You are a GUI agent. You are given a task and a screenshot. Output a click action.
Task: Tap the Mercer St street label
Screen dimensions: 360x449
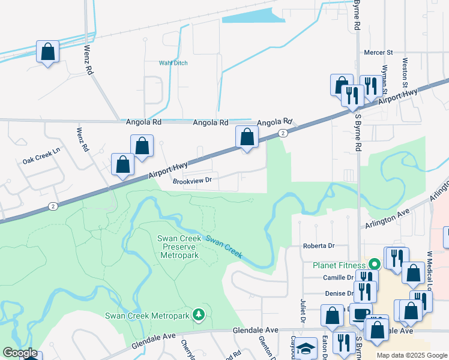pos(378,53)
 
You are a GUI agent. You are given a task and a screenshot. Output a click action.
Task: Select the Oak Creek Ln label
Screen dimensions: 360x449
pos(41,161)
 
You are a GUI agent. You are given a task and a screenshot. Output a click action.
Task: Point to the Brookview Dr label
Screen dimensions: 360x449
pos(193,180)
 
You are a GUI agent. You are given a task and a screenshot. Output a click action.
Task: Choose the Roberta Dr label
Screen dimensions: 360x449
pos(318,246)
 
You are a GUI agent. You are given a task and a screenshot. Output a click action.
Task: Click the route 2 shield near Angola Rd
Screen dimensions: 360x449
pos(282,133)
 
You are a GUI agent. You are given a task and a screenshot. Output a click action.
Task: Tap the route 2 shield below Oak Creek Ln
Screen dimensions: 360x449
pos(53,206)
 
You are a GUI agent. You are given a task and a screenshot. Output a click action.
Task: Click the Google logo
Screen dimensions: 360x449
pos(20,353)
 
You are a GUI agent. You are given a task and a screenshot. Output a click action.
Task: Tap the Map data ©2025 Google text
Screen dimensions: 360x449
pos(412,355)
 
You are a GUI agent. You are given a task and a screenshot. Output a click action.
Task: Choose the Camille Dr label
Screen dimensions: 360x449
pos(339,278)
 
